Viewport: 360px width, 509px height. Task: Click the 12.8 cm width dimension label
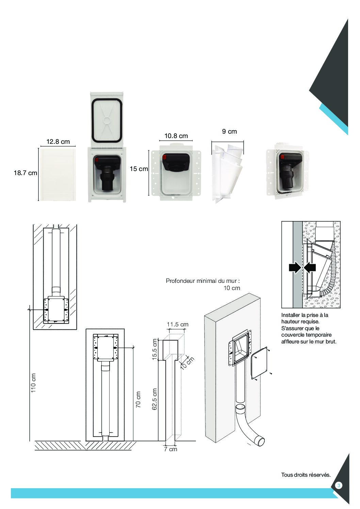58,142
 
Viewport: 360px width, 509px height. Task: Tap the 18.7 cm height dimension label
25,173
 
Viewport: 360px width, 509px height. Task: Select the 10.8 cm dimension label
176,136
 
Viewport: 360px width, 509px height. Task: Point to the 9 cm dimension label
229,131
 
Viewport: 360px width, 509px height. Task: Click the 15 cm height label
139,169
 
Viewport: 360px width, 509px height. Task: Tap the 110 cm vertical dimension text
33,383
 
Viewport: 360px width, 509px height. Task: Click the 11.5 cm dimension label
178,324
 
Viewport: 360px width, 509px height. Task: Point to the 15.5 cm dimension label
155,349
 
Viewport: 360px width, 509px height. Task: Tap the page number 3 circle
338,485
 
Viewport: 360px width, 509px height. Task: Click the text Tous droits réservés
306,475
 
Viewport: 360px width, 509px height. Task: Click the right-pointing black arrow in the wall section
295,268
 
